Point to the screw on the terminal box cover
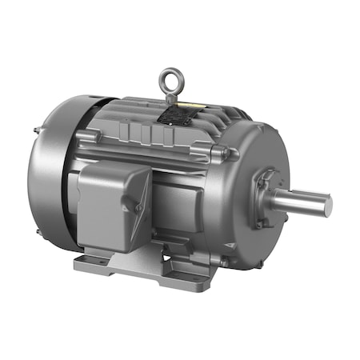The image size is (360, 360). [x=138, y=207]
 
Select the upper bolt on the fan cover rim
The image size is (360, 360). [x=37, y=130]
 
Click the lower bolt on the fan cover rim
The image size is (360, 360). [x=38, y=232]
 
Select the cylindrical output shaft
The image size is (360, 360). [x=300, y=200]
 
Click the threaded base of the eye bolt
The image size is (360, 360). [x=170, y=98]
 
